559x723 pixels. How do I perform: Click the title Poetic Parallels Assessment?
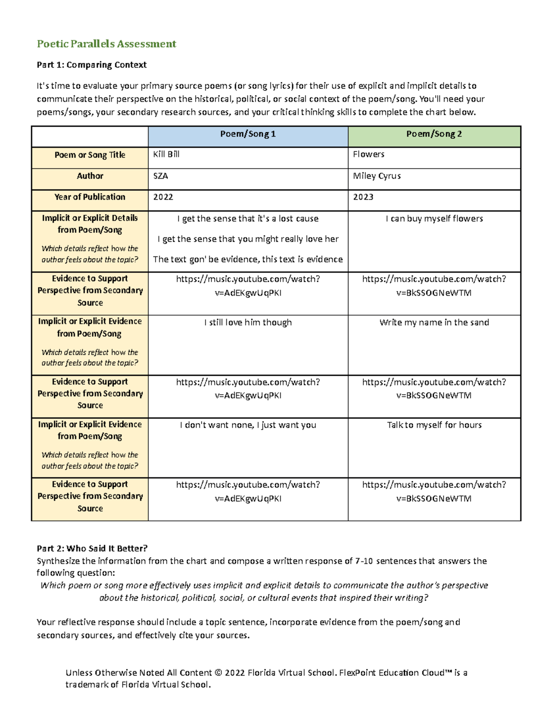click(106, 44)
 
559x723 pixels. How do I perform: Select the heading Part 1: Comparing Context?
click(92, 65)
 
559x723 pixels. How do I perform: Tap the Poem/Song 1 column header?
click(248, 134)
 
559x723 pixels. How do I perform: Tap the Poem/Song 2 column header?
click(434, 134)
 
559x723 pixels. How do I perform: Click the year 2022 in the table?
click(163, 197)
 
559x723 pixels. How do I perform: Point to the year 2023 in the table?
click(363, 197)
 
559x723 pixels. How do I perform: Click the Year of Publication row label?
click(90, 197)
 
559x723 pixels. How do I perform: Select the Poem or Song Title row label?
click(90, 155)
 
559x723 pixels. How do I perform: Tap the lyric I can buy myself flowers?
click(434, 219)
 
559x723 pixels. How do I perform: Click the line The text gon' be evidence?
click(248, 259)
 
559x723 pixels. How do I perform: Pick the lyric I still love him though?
click(248, 323)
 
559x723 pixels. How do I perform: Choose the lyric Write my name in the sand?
click(434, 323)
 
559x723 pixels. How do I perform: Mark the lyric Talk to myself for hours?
click(434, 425)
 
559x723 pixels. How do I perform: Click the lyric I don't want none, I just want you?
click(248, 425)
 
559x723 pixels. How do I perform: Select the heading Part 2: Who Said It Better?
click(92, 548)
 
